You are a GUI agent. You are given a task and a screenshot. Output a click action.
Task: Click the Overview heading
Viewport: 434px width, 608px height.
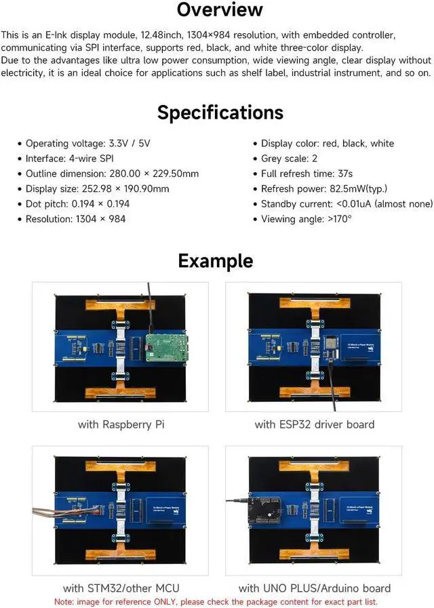(x=219, y=10)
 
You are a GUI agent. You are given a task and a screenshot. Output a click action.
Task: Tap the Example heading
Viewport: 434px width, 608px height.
(x=215, y=261)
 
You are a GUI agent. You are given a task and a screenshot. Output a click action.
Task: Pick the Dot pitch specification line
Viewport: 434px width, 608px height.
(x=77, y=203)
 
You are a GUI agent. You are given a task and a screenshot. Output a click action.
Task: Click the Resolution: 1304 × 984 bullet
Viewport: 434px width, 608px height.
(x=75, y=219)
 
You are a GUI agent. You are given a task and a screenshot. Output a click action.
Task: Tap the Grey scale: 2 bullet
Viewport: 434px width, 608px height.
(x=289, y=159)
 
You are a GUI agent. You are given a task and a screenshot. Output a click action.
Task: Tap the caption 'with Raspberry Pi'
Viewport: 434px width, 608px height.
(x=121, y=425)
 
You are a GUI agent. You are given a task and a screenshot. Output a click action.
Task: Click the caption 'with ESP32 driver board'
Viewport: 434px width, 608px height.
(x=315, y=425)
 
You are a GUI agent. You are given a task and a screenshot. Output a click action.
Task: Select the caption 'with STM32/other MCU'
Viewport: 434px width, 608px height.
(x=121, y=588)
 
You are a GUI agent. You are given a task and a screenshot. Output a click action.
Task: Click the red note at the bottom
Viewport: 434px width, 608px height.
(x=216, y=602)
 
